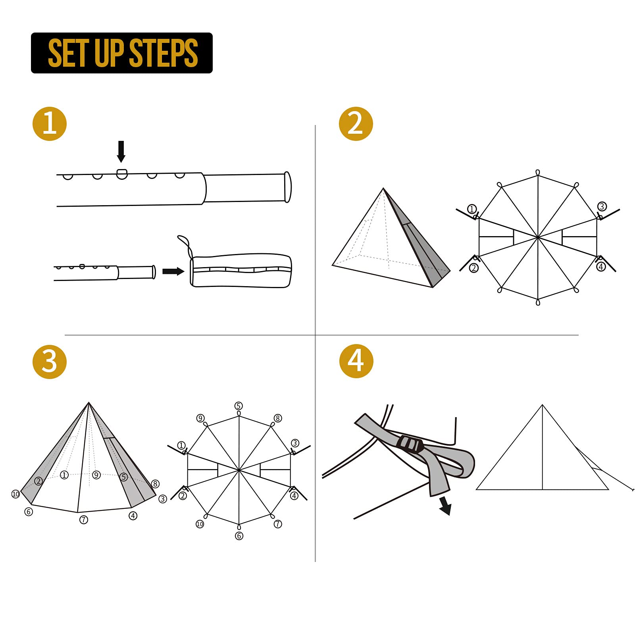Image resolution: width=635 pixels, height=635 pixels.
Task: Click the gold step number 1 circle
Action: [50, 124]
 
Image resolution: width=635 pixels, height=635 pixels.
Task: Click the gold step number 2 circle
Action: [356, 124]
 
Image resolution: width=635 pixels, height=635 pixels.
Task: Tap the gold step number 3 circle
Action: [50, 362]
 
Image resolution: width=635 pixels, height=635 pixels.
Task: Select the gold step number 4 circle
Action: [356, 361]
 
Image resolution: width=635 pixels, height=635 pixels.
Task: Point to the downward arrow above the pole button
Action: [121, 151]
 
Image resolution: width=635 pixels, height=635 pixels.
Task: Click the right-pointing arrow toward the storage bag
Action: [173, 271]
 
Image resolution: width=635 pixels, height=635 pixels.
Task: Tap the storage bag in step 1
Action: [241, 270]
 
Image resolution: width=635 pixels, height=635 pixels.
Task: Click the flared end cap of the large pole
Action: [288, 187]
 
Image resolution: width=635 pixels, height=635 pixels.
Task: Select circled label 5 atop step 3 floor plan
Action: [239, 406]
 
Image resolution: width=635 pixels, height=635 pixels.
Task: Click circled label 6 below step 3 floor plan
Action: [239, 536]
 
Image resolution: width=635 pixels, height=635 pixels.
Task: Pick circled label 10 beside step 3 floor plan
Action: [200, 524]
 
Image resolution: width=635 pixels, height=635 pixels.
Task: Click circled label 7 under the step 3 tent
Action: [84, 520]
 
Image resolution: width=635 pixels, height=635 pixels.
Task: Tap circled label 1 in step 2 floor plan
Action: [471, 209]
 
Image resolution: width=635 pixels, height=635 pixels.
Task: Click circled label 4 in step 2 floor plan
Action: [601, 267]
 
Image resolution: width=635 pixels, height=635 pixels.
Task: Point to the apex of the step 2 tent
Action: [383, 189]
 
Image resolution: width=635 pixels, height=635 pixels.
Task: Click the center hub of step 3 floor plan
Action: [239, 470]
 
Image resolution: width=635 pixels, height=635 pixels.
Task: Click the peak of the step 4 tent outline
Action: [543, 405]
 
